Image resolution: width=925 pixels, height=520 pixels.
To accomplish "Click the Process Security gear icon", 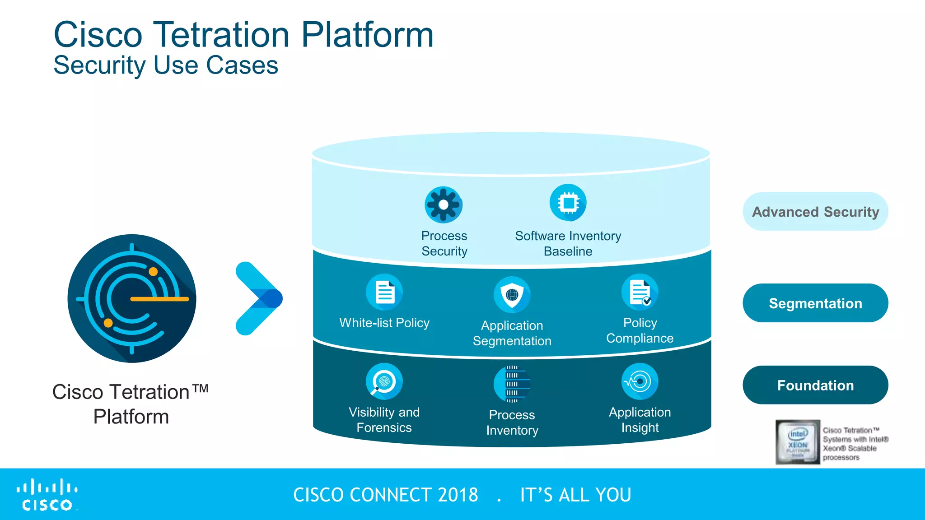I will pos(444,204).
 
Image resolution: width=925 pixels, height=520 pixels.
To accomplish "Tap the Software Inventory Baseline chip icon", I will pos(568,203).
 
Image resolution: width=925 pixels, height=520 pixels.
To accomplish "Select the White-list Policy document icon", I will pos(384,292).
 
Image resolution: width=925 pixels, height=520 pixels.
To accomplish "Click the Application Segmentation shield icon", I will pos(512,295).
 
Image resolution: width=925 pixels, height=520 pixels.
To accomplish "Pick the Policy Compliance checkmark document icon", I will pos(640,292).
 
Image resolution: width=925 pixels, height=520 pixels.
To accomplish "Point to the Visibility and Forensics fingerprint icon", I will pos(384,381).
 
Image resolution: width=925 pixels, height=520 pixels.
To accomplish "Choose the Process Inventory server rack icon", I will pos(512,384).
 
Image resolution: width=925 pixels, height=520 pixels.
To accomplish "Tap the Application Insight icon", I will pos(640,381).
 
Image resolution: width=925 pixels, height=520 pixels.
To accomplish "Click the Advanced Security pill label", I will pos(815,212).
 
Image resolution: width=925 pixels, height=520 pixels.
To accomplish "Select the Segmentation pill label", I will pos(815,303).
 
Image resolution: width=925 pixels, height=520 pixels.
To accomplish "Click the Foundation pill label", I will pos(815,385).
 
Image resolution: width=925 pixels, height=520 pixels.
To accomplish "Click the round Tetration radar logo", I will pos(132,298).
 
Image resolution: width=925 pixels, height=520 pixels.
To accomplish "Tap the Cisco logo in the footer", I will pos(47,495).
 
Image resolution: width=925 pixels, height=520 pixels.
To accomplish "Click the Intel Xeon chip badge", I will pos(798,442).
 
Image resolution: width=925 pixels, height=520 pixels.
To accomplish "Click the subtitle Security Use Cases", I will pos(166,65).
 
